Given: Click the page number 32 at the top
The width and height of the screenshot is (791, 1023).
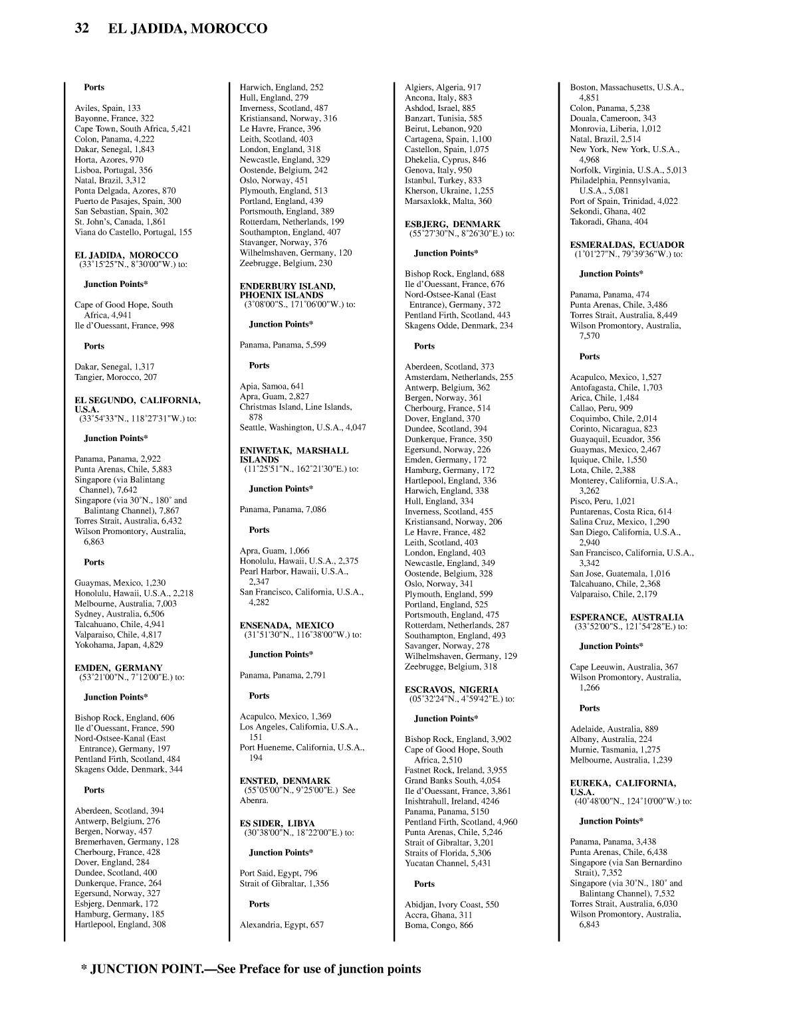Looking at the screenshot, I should click(x=82, y=29).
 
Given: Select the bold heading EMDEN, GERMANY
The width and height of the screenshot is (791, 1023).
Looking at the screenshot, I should click(x=118, y=668).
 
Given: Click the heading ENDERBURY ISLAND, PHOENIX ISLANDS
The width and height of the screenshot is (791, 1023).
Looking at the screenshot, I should click(x=287, y=290).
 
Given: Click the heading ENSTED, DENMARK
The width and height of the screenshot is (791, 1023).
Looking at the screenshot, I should click(x=285, y=781).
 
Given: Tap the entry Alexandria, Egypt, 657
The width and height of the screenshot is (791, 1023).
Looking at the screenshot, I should click(x=282, y=925).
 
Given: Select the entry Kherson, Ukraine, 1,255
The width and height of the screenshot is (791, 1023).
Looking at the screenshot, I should click(x=449, y=191).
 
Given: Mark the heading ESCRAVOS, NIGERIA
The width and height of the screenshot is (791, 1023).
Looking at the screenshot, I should click(x=451, y=690).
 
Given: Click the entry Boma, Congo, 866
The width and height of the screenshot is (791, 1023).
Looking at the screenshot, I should click(x=439, y=925).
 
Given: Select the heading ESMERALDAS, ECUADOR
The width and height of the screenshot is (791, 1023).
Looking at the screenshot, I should click(x=627, y=244).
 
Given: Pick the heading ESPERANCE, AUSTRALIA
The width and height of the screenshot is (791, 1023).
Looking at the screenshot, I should click(x=627, y=617).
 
